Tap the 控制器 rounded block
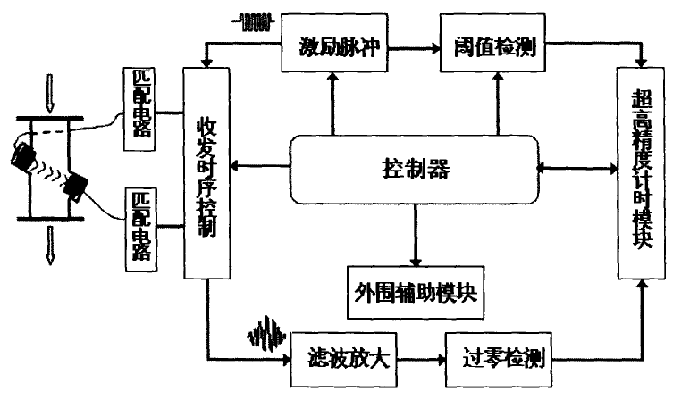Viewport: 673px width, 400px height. point(413,167)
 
